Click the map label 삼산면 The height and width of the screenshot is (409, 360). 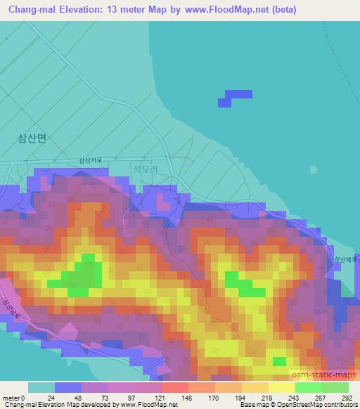click(32, 138)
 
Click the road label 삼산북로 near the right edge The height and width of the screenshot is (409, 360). click(336, 262)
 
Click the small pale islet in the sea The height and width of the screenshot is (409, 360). click(313, 169)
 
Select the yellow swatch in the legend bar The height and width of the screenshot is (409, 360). click(281, 387)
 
